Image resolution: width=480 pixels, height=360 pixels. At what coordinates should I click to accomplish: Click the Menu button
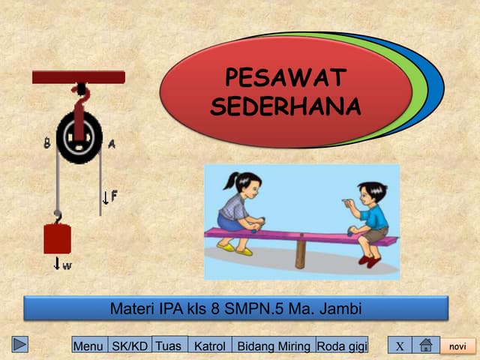tap(88, 346)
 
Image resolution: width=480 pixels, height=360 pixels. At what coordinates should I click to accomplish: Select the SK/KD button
tap(130, 346)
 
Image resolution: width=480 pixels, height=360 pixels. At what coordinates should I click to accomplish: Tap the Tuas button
tap(169, 345)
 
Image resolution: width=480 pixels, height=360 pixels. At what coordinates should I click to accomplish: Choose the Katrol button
tap(209, 346)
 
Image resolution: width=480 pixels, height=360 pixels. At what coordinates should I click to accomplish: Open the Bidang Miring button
tap(274, 346)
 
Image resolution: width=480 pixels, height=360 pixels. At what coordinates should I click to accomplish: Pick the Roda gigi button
tap(342, 346)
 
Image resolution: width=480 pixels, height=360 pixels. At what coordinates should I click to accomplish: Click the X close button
tap(400, 346)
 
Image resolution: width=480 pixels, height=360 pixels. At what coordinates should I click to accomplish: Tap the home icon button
tap(425, 346)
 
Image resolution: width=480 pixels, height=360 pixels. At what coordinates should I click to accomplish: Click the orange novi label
tap(457, 346)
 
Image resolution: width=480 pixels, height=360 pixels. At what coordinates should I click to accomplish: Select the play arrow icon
tap(20, 344)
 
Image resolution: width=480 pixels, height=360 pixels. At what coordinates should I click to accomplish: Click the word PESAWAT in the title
tap(285, 78)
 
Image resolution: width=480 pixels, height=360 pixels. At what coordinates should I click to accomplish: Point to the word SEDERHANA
tap(285, 106)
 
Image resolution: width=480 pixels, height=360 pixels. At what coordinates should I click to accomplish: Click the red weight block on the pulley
tap(57, 239)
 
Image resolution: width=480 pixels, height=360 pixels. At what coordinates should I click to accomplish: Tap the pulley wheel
tap(79, 136)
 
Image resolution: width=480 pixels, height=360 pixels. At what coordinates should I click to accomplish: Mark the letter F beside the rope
tap(113, 196)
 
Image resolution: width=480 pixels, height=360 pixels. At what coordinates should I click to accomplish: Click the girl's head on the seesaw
tap(247, 184)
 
